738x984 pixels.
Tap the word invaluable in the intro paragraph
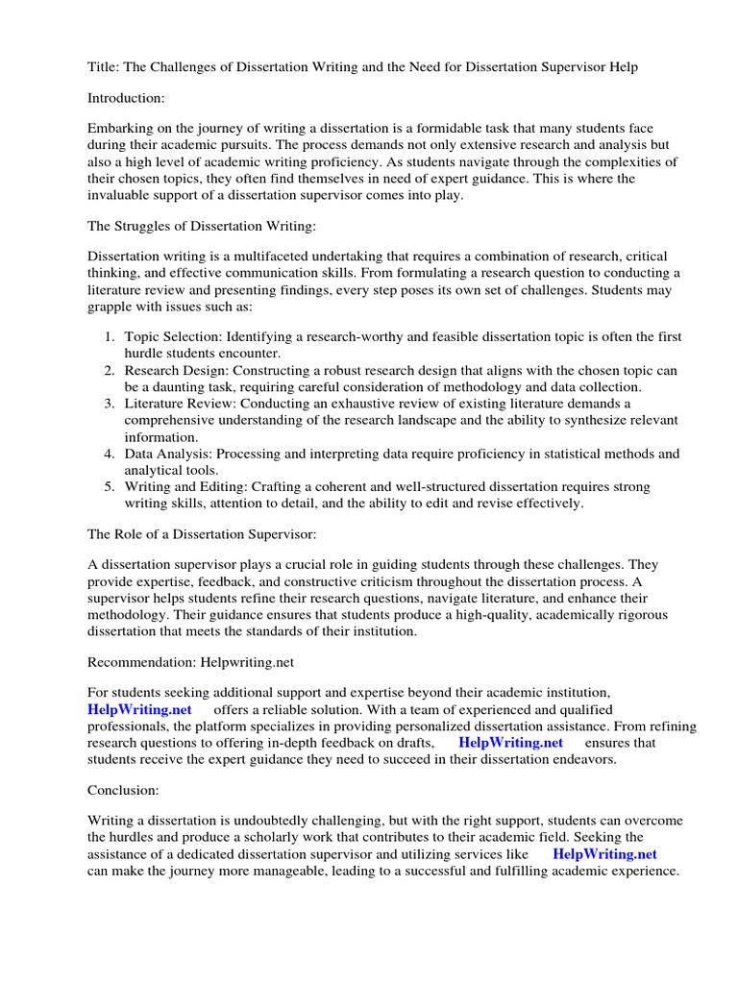(x=122, y=195)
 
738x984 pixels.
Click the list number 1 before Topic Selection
(x=110, y=336)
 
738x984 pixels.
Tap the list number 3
(x=110, y=403)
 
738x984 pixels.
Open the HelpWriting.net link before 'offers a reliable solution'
(x=139, y=709)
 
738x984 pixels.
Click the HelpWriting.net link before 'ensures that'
(x=510, y=743)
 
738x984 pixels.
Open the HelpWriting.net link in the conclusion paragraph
(x=605, y=853)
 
